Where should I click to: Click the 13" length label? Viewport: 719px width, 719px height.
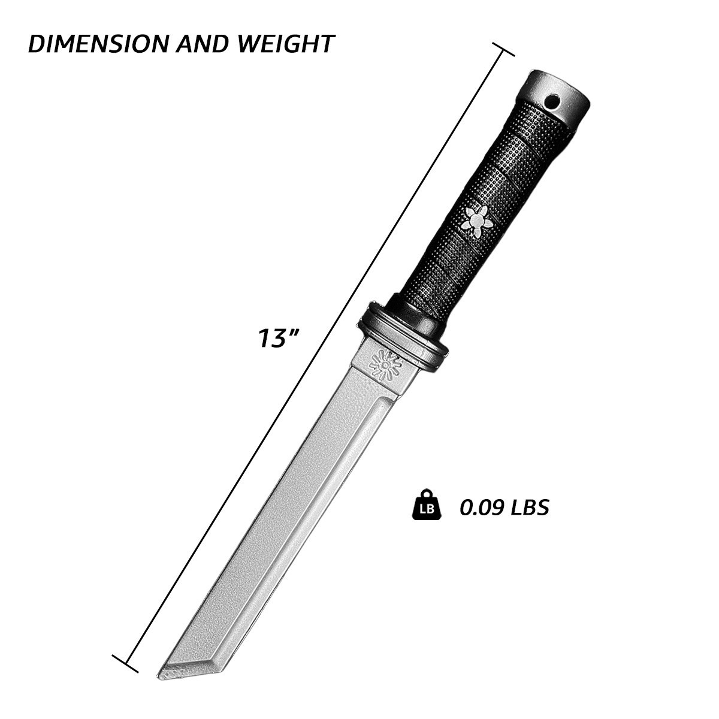(x=278, y=337)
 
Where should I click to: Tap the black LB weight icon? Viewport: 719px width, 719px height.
(x=426, y=506)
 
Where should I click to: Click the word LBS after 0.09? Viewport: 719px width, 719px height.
(x=530, y=507)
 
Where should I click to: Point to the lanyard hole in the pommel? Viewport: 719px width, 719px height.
(x=551, y=101)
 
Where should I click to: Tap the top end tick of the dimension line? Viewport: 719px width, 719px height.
(x=503, y=49)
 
